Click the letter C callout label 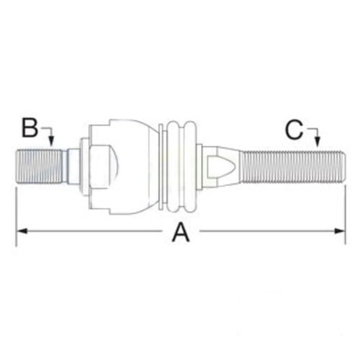click(x=292, y=130)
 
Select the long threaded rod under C click(x=288, y=166)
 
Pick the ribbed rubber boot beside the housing click(x=180, y=166)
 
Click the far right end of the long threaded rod click(x=342, y=166)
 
